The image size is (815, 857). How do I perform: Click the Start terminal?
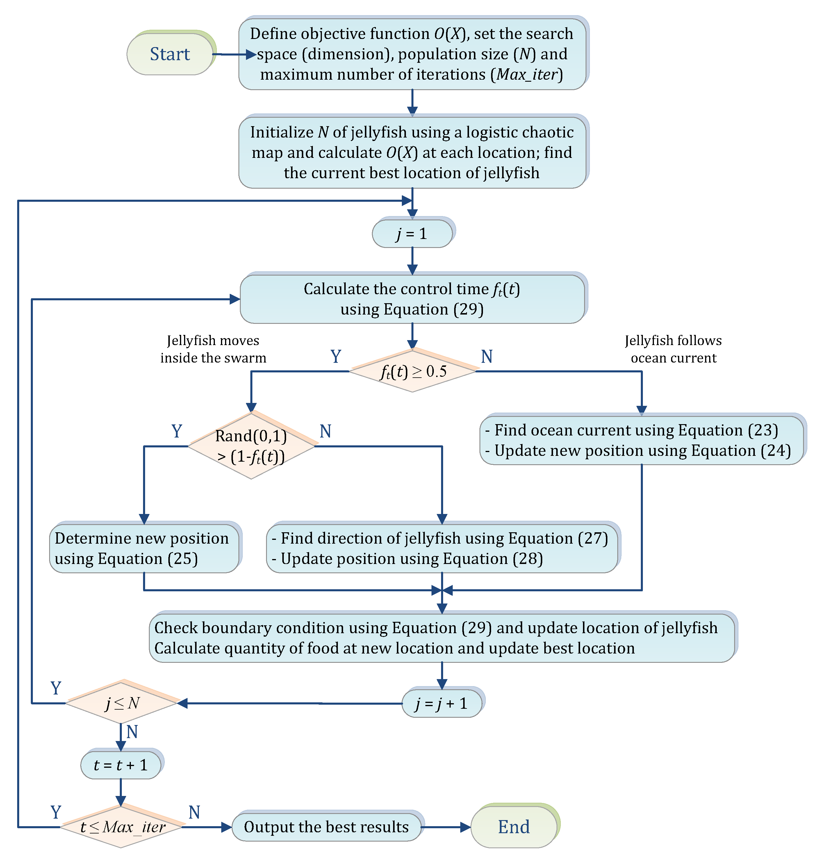point(170,54)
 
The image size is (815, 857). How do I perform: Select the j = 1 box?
point(412,234)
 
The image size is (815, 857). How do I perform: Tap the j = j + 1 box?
point(441,703)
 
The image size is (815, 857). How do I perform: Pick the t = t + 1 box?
point(120,765)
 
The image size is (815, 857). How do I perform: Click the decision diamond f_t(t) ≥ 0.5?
point(413,372)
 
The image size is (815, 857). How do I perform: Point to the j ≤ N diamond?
point(122,703)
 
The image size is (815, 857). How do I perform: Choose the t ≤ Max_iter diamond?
point(122,826)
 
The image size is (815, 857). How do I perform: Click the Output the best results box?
point(326,826)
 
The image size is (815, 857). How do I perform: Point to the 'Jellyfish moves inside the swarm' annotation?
point(213,349)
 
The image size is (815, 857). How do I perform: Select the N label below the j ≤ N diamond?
point(132,732)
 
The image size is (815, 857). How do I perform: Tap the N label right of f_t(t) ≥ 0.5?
point(486,357)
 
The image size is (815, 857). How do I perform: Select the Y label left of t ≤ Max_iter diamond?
point(56,812)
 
